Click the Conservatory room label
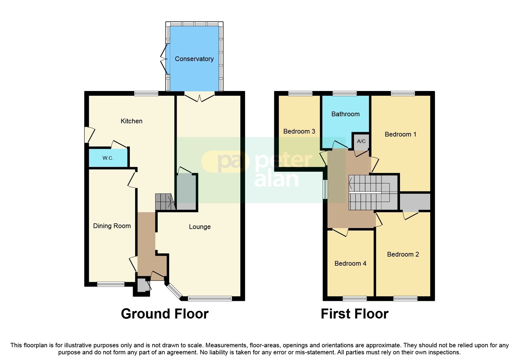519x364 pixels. (x=194, y=59)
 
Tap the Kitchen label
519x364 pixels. (x=132, y=121)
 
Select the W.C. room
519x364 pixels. (x=108, y=158)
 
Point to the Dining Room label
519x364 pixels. (x=112, y=226)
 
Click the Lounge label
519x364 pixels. (x=200, y=227)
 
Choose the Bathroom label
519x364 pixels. (x=346, y=114)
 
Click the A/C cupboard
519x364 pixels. (x=361, y=141)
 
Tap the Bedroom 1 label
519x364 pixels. (x=400, y=134)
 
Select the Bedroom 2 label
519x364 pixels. (x=403, y=255)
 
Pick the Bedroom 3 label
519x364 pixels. (x=299, y=132)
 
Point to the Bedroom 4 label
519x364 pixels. (x=350, y=264)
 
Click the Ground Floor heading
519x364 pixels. (x=165, y=314)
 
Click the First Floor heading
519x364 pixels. (x=355, y=314)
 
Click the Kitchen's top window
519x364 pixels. (x=146, y=94)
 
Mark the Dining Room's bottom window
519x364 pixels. (x=111, y=284)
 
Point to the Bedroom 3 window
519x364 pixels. (x=300, y=94)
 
